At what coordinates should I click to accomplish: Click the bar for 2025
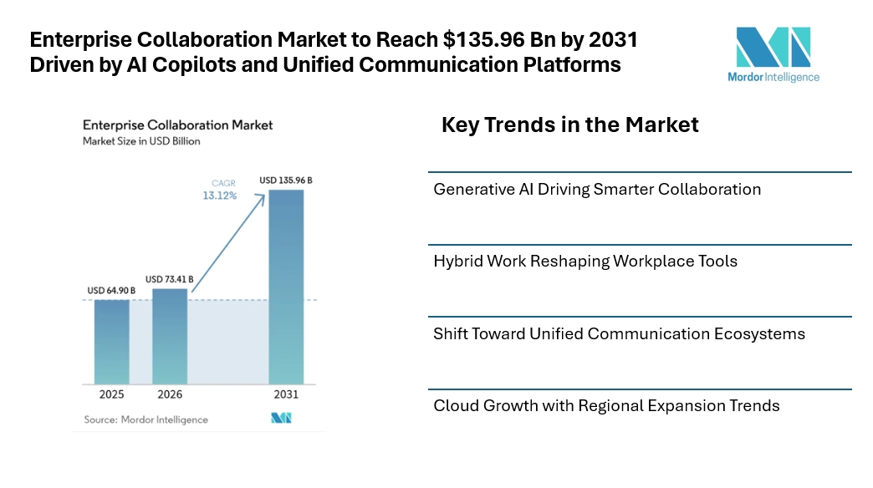(111, 341)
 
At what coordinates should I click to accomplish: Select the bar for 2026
(170, 336)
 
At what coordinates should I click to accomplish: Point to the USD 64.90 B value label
(111, 291)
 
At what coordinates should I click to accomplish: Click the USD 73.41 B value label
(170, 279)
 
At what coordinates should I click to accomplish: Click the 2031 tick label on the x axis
(286, 394)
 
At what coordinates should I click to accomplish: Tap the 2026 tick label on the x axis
(170, 394)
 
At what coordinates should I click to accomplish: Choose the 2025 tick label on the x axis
(111, 394)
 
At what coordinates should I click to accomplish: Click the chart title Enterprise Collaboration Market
(177, 125)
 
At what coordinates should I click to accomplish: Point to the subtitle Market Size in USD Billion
(141, 141)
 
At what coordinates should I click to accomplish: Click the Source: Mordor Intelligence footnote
(145, 419)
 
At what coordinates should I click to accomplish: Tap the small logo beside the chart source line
(281, 418)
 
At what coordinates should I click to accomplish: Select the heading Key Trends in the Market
(569, 125)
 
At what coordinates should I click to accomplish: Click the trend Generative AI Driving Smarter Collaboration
(597, 189)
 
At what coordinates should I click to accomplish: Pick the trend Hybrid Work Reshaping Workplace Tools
(585, 262)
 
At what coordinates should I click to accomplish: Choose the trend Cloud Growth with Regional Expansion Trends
(606, 406)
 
